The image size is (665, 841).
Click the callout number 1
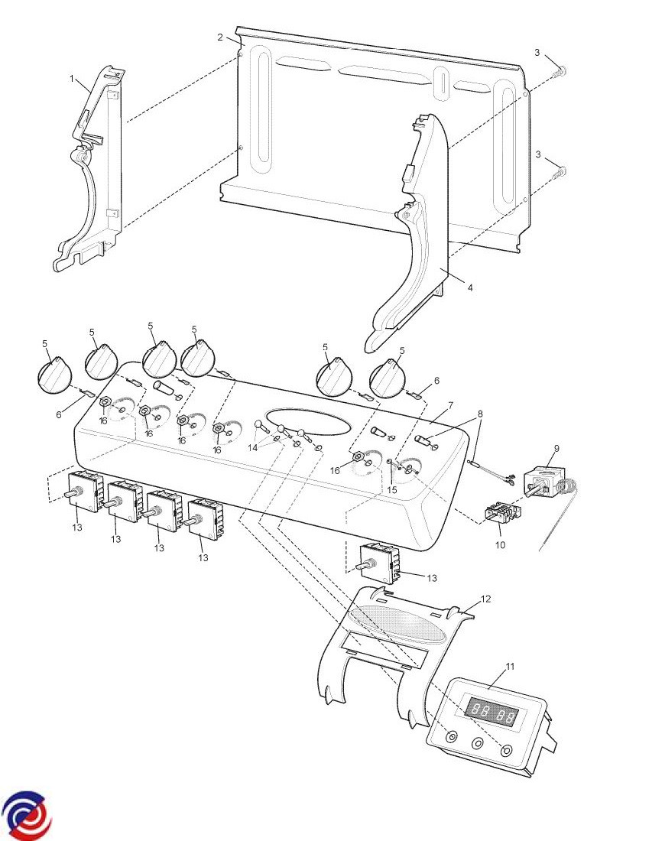(72, 79)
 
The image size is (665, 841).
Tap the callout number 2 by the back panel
(220, 37)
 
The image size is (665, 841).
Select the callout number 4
(470, 288)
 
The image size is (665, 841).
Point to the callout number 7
(450, 405)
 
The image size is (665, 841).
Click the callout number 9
(556, 448)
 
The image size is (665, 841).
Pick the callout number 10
(500, 545)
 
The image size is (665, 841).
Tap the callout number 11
(510, 667)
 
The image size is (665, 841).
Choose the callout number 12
(486, 599)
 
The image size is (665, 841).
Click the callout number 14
(252, 447)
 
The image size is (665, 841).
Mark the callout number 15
(392, 489)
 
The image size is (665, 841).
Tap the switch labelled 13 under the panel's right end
(378, 562)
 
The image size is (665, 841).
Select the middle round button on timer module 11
(477, 744)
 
